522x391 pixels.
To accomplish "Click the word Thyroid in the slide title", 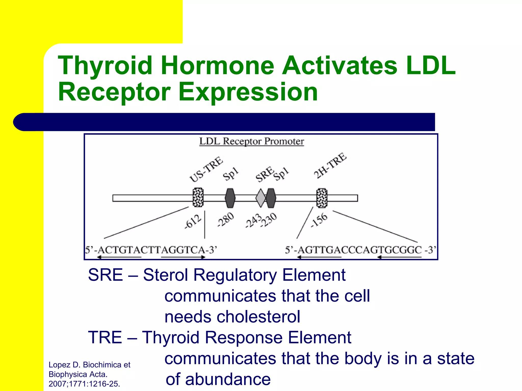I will [105, 65].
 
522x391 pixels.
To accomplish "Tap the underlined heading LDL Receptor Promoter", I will [252, 141].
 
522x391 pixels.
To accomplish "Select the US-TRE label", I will [206, 170].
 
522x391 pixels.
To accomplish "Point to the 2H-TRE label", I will [330, 165].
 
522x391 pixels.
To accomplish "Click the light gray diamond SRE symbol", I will [260, 198].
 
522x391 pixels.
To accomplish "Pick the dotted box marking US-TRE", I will [198, 198].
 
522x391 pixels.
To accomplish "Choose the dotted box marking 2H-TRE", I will [322, 198].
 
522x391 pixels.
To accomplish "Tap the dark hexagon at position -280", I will [230, 198].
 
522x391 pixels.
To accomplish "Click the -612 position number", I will [193, 221].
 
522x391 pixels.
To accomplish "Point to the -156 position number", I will [319, 220].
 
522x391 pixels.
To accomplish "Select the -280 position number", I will [225, 219].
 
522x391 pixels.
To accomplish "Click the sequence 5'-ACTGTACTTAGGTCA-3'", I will [151, 250].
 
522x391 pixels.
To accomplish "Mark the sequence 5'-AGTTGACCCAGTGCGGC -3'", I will [360, 250].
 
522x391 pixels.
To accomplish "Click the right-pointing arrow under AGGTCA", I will [183, 257].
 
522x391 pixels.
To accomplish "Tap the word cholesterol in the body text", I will [232, 317].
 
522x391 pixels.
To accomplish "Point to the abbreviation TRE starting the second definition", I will [105, 337].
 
